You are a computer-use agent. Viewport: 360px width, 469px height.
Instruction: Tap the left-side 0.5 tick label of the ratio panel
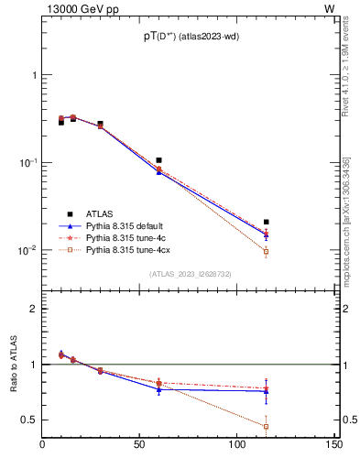click(x=29, y=420)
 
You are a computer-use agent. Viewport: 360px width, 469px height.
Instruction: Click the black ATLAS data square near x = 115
click(x=266, y=222)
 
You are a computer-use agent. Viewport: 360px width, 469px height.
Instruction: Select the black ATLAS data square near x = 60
click(x=158, y=160)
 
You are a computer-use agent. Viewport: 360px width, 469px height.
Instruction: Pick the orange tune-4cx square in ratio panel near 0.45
click(x=266, y=427)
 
